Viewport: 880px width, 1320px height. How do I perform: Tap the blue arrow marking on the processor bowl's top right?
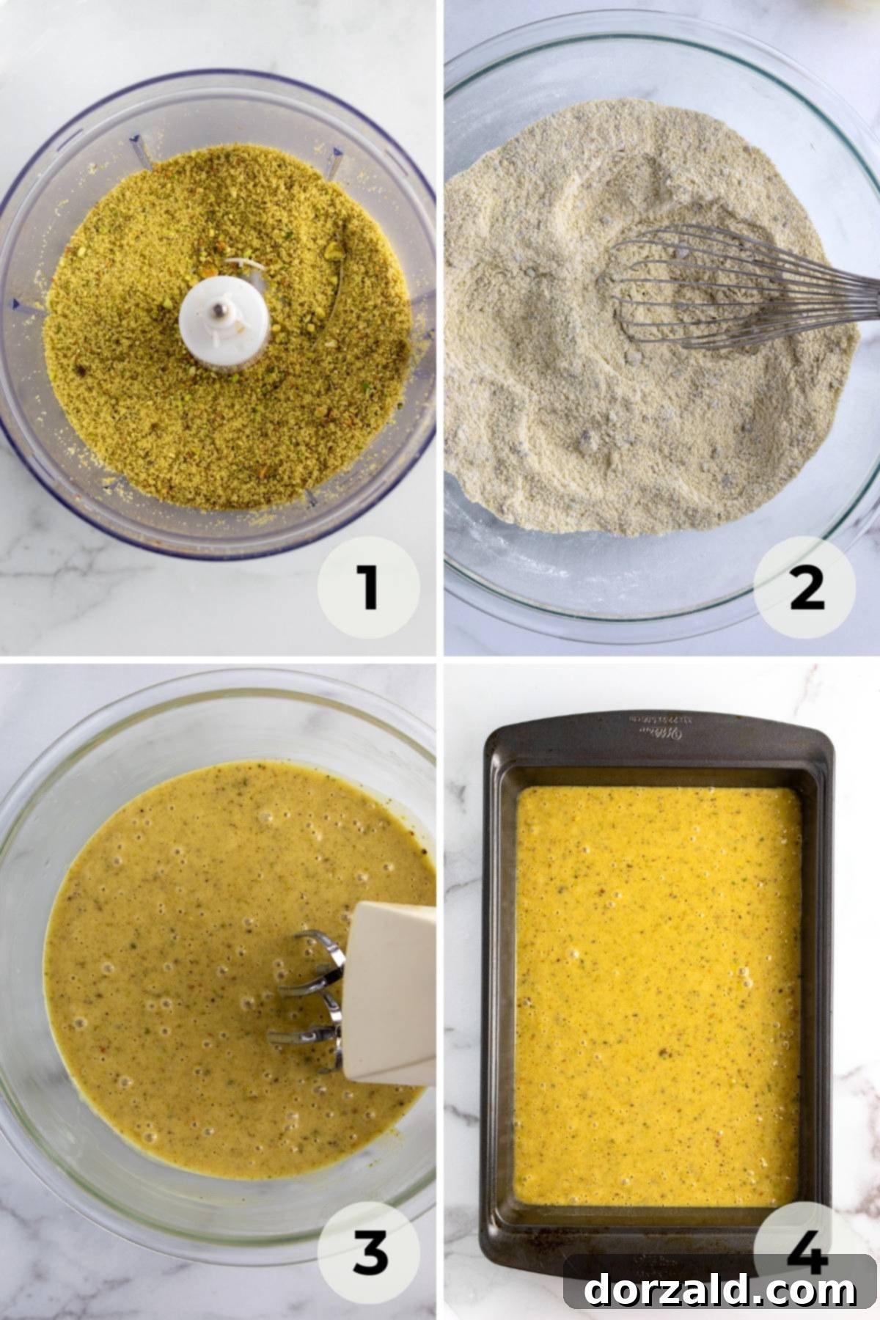click(x=337, y=155)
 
